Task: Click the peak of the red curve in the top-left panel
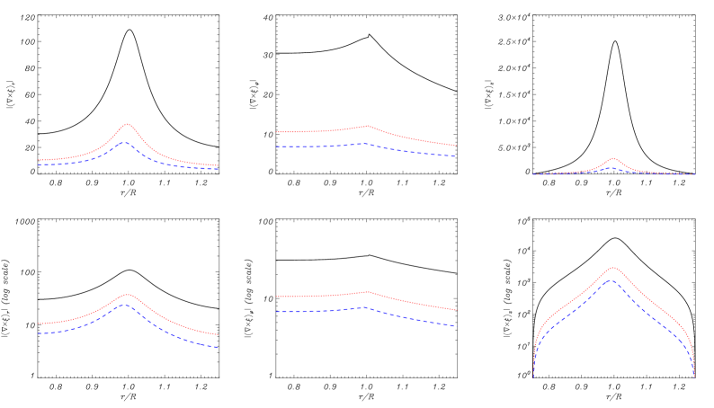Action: pos(128,124)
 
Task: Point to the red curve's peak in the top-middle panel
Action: pos(368,126)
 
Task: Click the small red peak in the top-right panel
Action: pos(613,158)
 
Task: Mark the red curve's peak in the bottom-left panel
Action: pos(127,294)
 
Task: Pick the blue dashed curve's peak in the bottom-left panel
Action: pos(125,304)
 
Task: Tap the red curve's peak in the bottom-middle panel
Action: pos(367,291)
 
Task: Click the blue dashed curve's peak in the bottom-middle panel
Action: pos(363,307)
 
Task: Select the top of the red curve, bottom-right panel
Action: pos(613,267)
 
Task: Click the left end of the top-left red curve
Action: pos(39,160)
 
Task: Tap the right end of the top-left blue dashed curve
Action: pos(219,169)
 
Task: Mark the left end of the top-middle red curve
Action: pos(277,132)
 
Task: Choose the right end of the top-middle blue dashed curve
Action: pos(455,156)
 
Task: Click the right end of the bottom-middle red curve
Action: pos(455,310)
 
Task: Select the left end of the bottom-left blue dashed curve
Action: pos(39,333)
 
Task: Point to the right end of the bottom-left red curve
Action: pos(219,335)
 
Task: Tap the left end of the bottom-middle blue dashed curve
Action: pos(277,312)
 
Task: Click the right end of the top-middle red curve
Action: pos(455,146)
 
